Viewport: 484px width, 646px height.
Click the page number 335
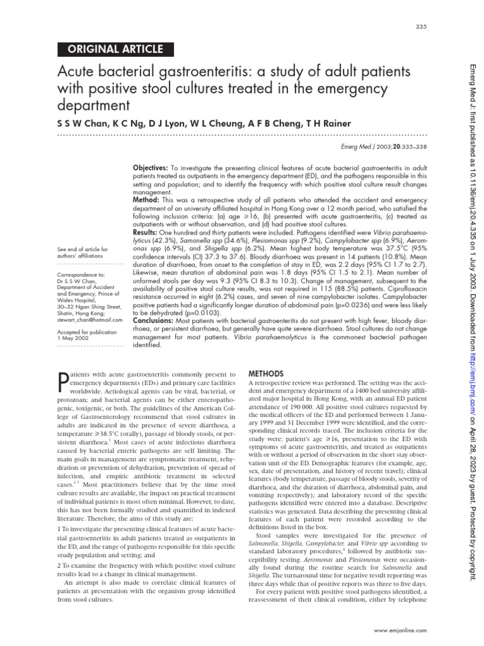pos(421,26)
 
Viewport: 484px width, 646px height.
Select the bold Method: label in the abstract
pos(146,199)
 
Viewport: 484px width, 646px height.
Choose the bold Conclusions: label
pos(154,320)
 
